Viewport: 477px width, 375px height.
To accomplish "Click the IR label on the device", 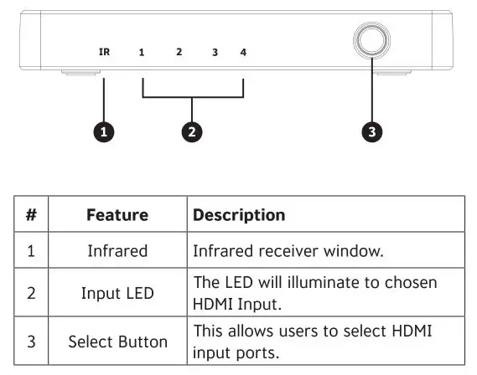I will pos(105,52).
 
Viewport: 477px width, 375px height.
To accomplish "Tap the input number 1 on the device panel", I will pos(142,53).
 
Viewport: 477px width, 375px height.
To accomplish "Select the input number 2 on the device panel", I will pos(179,52).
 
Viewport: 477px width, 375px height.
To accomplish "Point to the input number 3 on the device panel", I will pos(215,53).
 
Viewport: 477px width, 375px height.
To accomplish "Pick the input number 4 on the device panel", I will pos(243,52).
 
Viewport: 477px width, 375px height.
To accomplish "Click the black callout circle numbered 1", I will pos(103,132).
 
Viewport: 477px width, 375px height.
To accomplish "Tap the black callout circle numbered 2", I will pos(193,132).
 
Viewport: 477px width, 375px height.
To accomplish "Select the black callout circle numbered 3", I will pos(371,132).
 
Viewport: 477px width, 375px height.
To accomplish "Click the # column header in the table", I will pos(30,215).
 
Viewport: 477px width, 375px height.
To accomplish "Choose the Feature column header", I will pos(117,215).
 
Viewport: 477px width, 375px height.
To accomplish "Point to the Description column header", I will pos(239,215).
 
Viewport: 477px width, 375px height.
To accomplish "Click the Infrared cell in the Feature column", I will pos(117,251).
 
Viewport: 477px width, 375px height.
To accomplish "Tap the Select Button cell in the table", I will pos(117,342).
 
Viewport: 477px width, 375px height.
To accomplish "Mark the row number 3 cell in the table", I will pos(30,342).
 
